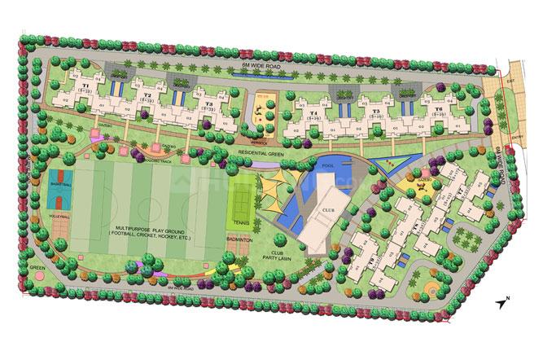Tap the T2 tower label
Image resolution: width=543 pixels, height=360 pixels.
pos(147,95)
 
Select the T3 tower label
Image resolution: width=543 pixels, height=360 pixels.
pos(209,103)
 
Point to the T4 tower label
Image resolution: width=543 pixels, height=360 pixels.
pos(313,113)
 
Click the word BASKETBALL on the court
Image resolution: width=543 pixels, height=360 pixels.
pos(61,186)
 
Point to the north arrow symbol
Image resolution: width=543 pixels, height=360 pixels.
pos(501,303)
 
